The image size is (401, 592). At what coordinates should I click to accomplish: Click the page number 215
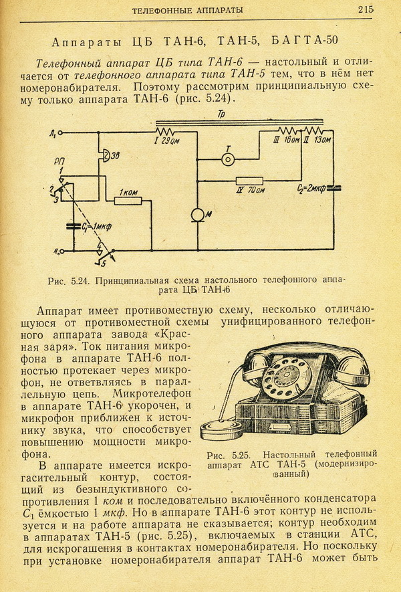click(x=366, y=10)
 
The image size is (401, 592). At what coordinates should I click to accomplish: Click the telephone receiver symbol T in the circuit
click(x=227, y=160)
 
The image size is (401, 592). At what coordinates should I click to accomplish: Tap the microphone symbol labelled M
click(x=197, y=215)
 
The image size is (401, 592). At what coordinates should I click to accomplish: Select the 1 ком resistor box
click(x=128, y=201)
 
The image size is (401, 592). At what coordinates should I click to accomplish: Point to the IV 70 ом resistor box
click(x=249, y=181)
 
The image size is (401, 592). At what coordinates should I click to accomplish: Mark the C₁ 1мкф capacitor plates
click(x=74, y=226)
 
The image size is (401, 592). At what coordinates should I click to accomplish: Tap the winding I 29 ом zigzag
click(x=164, y=132)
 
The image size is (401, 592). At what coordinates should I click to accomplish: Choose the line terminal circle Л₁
click(x=59, y=132)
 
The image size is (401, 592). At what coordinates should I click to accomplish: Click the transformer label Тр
click(x=221, y=114)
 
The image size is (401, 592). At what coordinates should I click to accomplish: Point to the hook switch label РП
click(x=59, y=162)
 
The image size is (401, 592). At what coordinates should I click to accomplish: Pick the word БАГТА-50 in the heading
click(x=305, y=40)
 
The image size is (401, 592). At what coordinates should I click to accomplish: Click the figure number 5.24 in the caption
click(x=80, y=280)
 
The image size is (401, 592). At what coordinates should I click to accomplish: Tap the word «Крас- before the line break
click(x=173, y=334)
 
